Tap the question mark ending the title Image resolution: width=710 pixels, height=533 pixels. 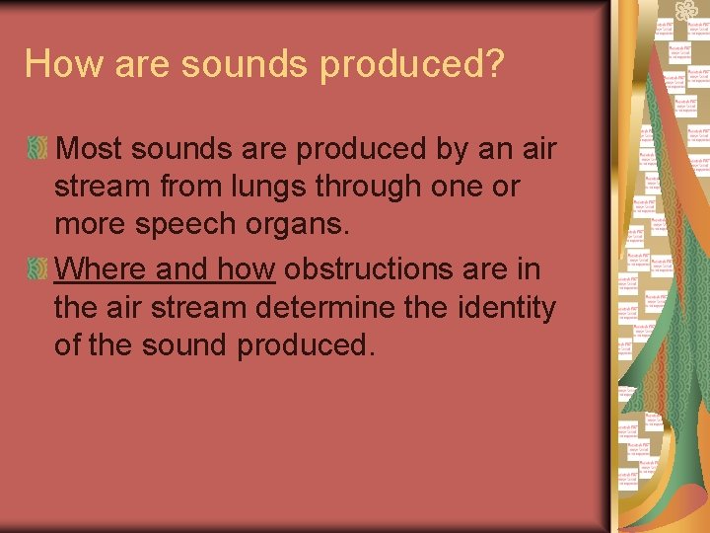[x=492, y=64]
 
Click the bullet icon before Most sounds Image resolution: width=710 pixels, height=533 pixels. [x=37, y=150]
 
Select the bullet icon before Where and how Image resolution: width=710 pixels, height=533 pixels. [x=37, y=268]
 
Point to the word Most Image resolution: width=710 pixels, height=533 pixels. [x=91, y=150]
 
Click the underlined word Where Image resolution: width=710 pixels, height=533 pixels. [x=100, y=268]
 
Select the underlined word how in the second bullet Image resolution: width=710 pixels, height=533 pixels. [x=246, y=268]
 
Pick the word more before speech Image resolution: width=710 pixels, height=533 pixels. [x=92, y=224]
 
